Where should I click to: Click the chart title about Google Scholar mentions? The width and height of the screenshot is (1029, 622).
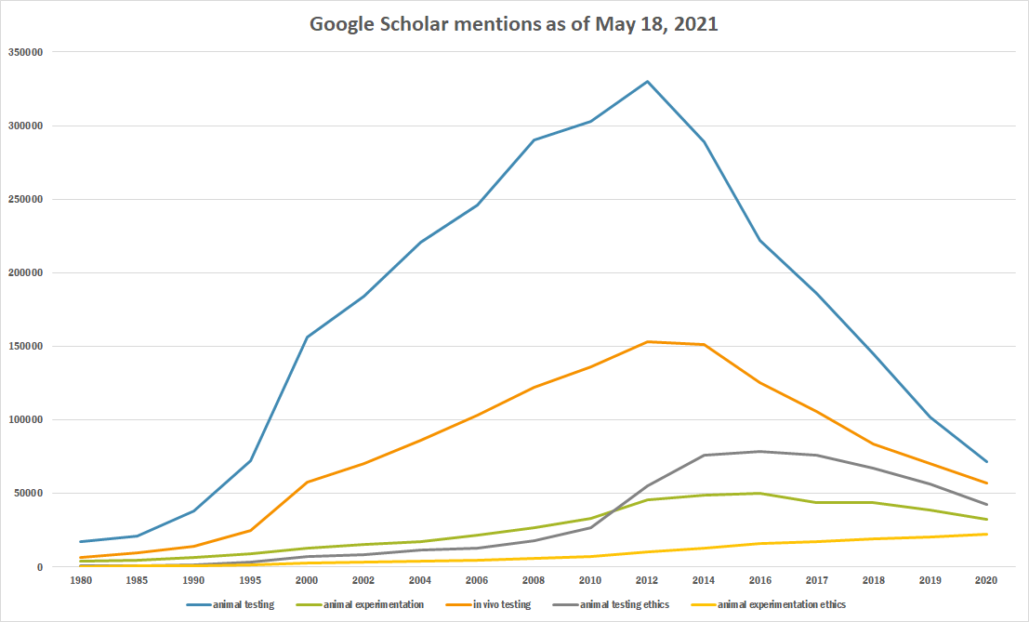[513, 24]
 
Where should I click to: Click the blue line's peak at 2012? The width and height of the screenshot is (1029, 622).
[647, 82]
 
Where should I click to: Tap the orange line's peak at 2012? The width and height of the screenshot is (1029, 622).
[647, 341]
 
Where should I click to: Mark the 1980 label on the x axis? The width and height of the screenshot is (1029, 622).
[81, 581]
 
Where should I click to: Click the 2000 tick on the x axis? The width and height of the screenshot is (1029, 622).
[307, 581]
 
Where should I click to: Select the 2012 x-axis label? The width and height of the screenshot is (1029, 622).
[647, 581]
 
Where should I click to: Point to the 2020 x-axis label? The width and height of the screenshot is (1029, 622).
[986, 581]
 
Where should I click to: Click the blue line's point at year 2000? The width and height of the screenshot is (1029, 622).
[307, 337]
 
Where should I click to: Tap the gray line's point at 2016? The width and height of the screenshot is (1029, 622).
[760, 452]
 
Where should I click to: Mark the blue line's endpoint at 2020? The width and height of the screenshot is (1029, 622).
[986, 462]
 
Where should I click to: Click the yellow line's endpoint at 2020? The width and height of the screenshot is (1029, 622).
[986, 534]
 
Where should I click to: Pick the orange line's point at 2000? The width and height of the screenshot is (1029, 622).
[307, 482]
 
